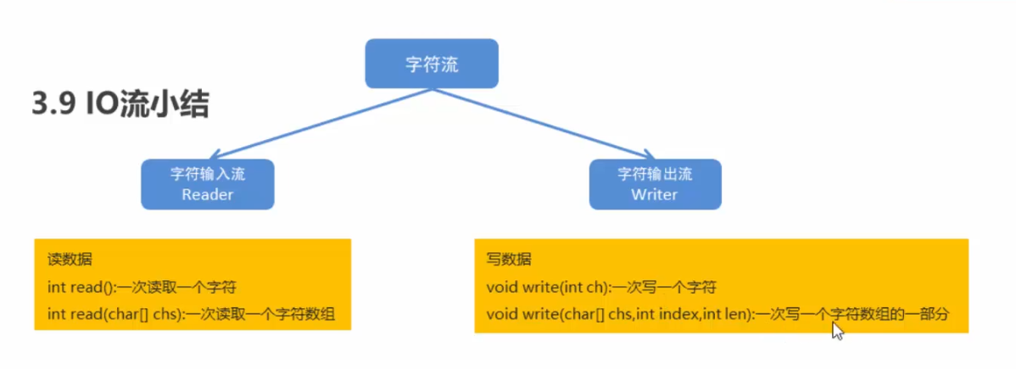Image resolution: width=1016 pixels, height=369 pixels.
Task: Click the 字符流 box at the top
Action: pyautogui.click(x=431, y=64)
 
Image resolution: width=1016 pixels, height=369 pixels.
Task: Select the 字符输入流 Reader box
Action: pyautogui.click(x=208, y=184)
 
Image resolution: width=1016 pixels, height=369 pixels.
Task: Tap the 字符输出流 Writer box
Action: pyautogui.click(x=655, y=184)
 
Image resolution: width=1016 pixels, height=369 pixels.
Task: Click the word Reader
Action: pyautogui.click(x=208, y=194)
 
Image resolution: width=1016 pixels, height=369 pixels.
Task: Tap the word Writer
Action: pyautogui.click(x=655, y=194)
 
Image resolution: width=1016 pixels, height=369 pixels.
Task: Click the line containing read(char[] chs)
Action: pyautogui.click(x=192, y=315)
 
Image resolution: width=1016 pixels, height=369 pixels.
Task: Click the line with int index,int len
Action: pyautogui.click(x=717, y=315)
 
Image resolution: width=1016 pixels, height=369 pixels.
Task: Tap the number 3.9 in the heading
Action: pyautogui.click(x=52, y=106)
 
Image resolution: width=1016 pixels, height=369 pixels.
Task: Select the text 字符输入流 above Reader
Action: pyautogui.click(x=208, y=174)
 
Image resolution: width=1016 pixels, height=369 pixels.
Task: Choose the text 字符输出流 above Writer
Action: pyautogui.click(x=655, y=174)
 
